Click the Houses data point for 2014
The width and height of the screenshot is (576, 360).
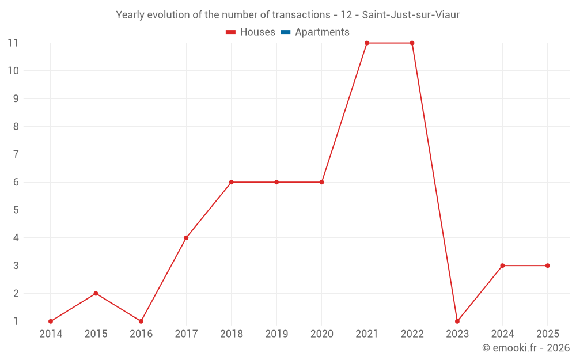click(x=51, y=321)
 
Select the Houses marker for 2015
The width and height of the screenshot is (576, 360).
click(x=96, y=294)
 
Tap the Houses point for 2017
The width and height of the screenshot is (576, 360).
click(x=186, y=238)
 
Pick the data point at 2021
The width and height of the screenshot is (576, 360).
click(x=367, y=43)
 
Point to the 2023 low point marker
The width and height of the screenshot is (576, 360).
click(x=457, y=321)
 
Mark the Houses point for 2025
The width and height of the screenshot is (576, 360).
click(x=547, y=266)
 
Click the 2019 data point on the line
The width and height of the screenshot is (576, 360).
click(x=276, y=182)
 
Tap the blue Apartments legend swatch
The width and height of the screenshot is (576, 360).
click(x=285, y=32)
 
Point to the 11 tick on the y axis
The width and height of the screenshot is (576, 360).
click(x=13, y=43)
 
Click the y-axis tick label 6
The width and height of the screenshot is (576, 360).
click(x=16, y=182)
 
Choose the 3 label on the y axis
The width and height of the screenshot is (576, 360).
click(x=16, y=266)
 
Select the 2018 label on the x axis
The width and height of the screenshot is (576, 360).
click(x=231, y=334)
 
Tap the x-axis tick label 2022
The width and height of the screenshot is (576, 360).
click(x=412, y=334)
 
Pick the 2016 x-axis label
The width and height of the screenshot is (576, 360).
click(x=141, y=334)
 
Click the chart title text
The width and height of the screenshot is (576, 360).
click(x=287, y=15)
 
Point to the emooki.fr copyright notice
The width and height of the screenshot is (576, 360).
click(x=525, y=348)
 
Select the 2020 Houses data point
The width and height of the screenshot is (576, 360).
click(x=321, y=182)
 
